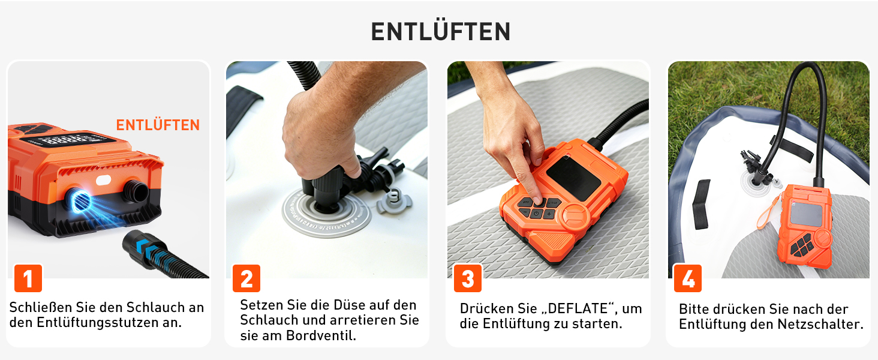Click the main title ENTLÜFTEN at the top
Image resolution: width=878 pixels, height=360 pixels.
pos(440,31)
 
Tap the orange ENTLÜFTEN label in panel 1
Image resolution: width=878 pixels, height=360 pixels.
pos(158,125)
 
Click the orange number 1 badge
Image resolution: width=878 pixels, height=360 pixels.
pos(28,278)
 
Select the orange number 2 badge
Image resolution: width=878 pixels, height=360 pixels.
pos(246,278)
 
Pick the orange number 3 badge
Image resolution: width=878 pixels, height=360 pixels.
pos(468,278)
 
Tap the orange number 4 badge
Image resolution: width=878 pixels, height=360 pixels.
pos(688,278)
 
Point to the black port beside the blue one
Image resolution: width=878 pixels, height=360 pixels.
pos(135,191)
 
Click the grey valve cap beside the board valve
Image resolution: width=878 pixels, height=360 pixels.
pos(393,202)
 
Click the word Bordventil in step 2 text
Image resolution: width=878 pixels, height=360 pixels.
pos(321,335)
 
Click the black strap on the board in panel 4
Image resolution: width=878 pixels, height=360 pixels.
pos(701,205)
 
